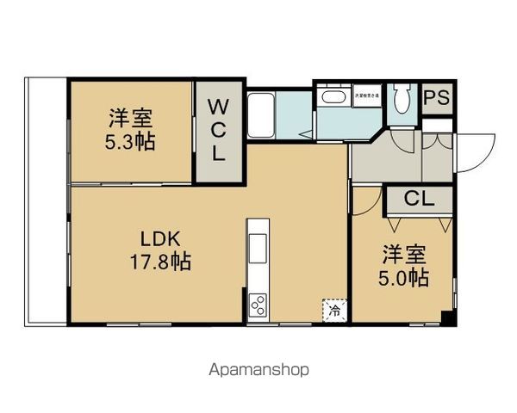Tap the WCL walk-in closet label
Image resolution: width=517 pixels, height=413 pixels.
click(x=218, y=131)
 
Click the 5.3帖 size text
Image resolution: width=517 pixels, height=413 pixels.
click(x=131, y=142)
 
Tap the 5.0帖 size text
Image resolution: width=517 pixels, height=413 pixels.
click(x=403, y=278)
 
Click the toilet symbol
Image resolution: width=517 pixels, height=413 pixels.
click(x=402, y=103)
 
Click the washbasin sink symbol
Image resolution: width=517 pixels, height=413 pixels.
click(x=332, y=96)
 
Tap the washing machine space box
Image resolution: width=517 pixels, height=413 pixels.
click(x=364, y=96)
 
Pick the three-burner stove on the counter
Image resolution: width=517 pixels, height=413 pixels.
click(x=258, y=305)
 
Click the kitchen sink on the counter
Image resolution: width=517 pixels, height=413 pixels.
click(x=258, y=246)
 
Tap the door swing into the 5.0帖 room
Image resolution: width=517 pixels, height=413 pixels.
click(x=365, y=200)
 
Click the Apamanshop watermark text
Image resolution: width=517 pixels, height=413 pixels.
click(x=258, y=371)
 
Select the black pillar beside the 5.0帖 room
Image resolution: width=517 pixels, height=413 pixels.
click(x=445, y=320)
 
